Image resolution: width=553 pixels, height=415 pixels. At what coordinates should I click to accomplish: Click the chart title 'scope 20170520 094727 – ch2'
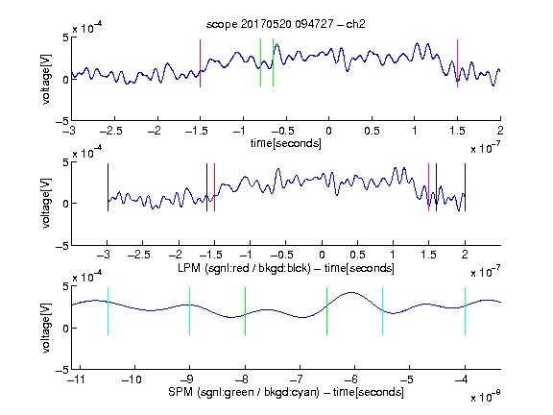(x=286, y=24)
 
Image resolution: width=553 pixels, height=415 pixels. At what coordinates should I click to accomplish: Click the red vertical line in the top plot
(x=200, y=63)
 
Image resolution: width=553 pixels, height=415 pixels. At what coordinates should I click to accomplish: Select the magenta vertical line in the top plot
(x=457, y=63)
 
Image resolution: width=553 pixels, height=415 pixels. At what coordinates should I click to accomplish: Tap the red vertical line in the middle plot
(x=214, y=187)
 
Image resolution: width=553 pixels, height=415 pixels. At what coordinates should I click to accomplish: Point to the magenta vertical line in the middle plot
(x=428, y=187)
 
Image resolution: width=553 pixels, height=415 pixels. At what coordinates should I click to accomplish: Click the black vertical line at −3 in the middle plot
(x=108, y=187)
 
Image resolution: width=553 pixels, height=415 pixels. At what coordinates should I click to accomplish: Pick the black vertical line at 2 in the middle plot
(x=466, y=187)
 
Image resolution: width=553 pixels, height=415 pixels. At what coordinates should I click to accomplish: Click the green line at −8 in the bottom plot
(x=245, y=311)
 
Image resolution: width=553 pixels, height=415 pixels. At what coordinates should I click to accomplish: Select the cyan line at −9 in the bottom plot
(x=190, y=311)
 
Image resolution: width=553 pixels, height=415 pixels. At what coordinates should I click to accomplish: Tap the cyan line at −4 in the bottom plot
(x=466, y=311)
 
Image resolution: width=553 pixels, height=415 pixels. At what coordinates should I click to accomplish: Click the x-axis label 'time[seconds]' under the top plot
(x=286, y=144)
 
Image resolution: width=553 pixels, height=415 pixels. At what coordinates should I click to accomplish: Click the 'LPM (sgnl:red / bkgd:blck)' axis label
(x=244, y=268)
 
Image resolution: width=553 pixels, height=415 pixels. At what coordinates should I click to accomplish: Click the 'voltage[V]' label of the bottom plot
(x=46, y=328)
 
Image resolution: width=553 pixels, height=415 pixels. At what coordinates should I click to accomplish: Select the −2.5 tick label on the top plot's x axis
(x=111, y=131)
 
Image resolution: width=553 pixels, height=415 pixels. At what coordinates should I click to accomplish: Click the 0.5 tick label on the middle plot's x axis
(x=357, y=255)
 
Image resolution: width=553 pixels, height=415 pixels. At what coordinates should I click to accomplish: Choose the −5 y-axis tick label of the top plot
(x=62, y=121)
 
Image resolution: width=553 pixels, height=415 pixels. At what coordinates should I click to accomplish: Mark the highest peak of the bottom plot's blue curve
(x=351, y=292)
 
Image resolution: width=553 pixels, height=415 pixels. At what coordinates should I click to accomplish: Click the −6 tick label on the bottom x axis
(x=353, y=379)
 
